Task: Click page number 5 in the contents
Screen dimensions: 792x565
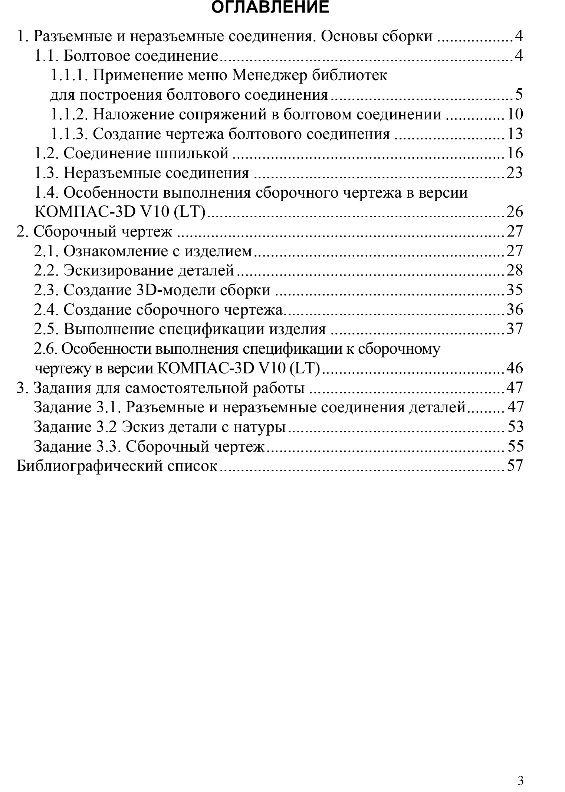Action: (518, 95)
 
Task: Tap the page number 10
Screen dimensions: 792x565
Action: (515, 115)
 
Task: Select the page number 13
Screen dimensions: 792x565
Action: (515, 134)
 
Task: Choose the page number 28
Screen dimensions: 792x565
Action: (515, 271)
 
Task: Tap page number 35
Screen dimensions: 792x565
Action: (515, 290)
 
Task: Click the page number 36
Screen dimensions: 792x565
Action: (515, 310)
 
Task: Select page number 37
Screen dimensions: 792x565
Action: (515, 329)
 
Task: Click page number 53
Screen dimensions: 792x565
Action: (515, 427)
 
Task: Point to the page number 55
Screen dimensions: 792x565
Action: (515, 446)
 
